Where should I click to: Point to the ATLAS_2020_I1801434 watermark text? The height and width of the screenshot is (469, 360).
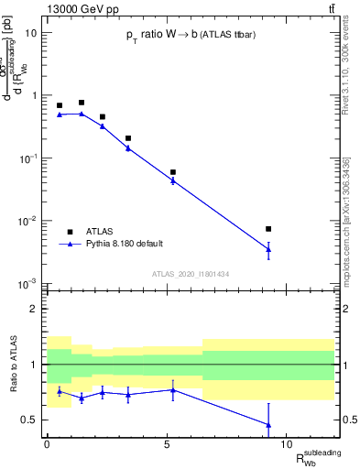[x=190, y=274]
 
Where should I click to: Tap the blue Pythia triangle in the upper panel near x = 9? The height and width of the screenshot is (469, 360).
[x=268, y=248]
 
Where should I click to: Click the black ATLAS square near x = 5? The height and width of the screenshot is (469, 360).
[x=172, y=172]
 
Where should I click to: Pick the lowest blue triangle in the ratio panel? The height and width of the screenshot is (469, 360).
[x=268, y=424]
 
